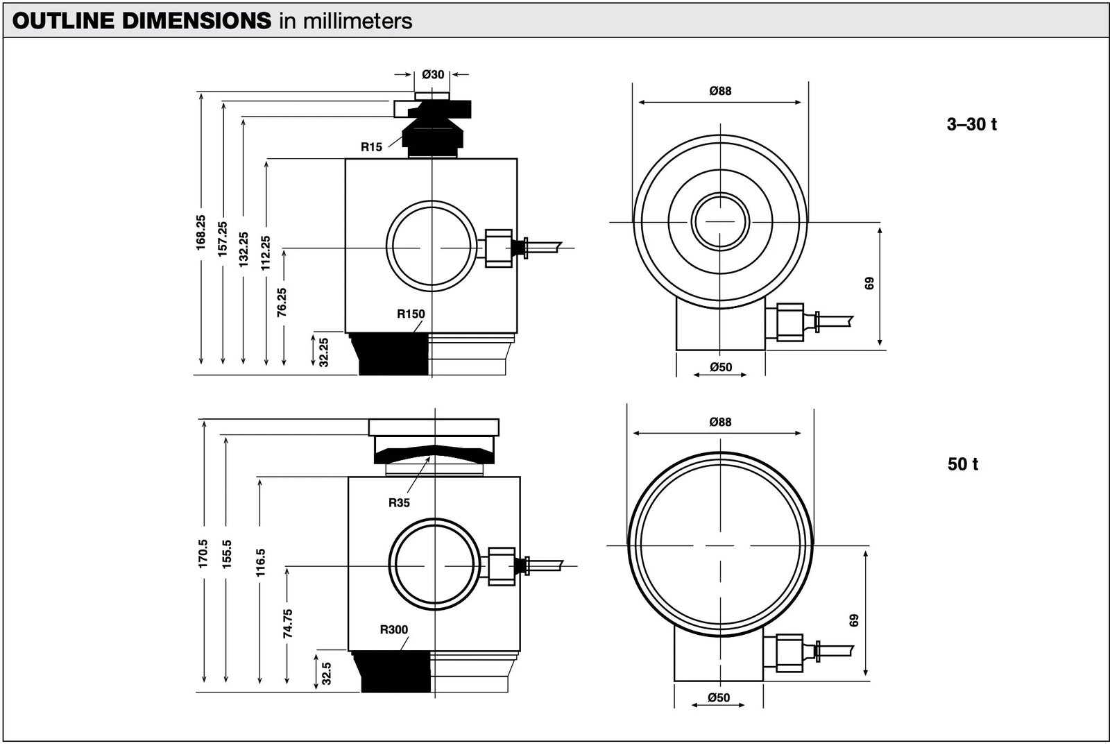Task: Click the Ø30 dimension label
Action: [x=433, y=74]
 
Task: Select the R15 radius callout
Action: [x=371, y=146]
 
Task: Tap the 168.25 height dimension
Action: [x=200, y=232]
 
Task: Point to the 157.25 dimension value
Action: [x=222, y=239]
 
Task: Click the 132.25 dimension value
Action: [x=243, y=249]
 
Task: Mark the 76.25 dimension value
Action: [x=282, y=303]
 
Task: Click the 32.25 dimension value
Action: [x=323, y=352]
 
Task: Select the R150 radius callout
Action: [x=411, y=314]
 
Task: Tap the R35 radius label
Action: [x=399, y=503]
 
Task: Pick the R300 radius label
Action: [x=394, y=630]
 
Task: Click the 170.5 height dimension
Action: [x=203, y=554]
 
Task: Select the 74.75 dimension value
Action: [x=288, y=623]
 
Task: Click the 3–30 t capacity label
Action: [x=972, y=125]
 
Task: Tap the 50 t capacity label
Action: [x=963, y=464]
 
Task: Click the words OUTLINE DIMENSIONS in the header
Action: [x=142, y=21]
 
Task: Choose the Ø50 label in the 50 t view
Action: [x=719, y=697]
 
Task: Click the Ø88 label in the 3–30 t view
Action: [x=720, y=91]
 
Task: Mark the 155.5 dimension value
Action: [x=227, y=554]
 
